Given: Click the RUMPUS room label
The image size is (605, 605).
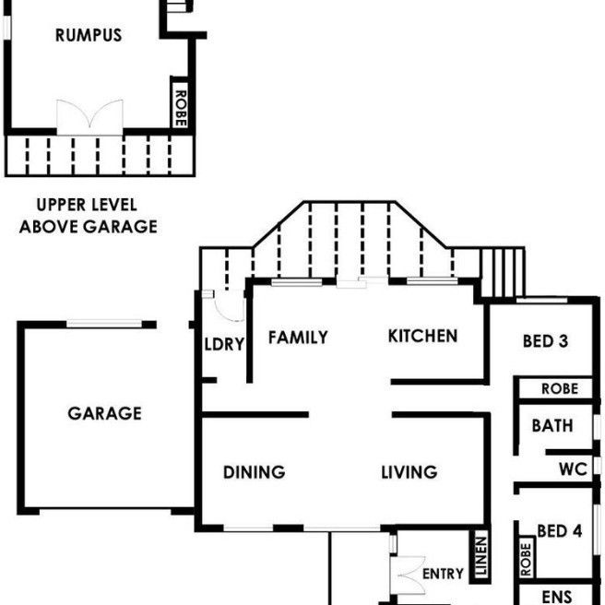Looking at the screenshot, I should point(89,36).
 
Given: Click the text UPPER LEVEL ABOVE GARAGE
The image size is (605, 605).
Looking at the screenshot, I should point(89,216).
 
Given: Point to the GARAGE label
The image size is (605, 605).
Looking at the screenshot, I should point(104,413).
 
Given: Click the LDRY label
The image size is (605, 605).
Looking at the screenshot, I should point(224,345).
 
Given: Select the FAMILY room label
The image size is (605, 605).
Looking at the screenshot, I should point(298,338).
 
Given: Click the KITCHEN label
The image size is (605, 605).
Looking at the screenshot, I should point(422,336).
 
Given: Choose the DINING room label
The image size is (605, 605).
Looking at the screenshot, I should point(254,472).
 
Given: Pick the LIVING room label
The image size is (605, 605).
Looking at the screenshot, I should point(409,472).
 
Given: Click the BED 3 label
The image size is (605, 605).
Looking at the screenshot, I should point(545,341).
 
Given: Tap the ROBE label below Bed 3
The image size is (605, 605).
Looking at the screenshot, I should point(560,389).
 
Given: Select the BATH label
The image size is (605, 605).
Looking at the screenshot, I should point(552,426).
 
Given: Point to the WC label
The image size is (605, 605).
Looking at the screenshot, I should point(573,469).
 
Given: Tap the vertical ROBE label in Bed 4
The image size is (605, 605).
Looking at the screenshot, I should point(527,557).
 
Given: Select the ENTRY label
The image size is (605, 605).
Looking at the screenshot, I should point(443,574).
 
